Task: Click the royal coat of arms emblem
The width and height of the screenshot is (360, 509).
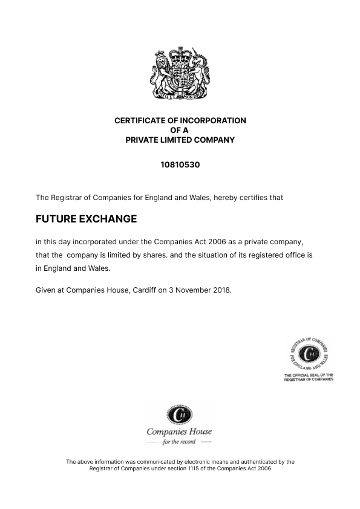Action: point(180,74)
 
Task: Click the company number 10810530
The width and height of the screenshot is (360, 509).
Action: point(180,164)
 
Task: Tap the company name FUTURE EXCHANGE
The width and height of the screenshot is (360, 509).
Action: point(86,219)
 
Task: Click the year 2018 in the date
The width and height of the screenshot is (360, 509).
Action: point(220,290)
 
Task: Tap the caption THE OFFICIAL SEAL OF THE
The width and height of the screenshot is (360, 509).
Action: point(309,375)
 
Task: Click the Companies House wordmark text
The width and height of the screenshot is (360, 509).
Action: point(179,431)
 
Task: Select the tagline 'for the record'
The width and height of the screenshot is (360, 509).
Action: point(179,443)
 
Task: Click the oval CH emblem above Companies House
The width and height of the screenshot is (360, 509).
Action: point(178,415)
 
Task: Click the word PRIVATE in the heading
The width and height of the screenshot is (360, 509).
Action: point(143,140)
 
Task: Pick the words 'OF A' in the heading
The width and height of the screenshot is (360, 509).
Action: point(180,130)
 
